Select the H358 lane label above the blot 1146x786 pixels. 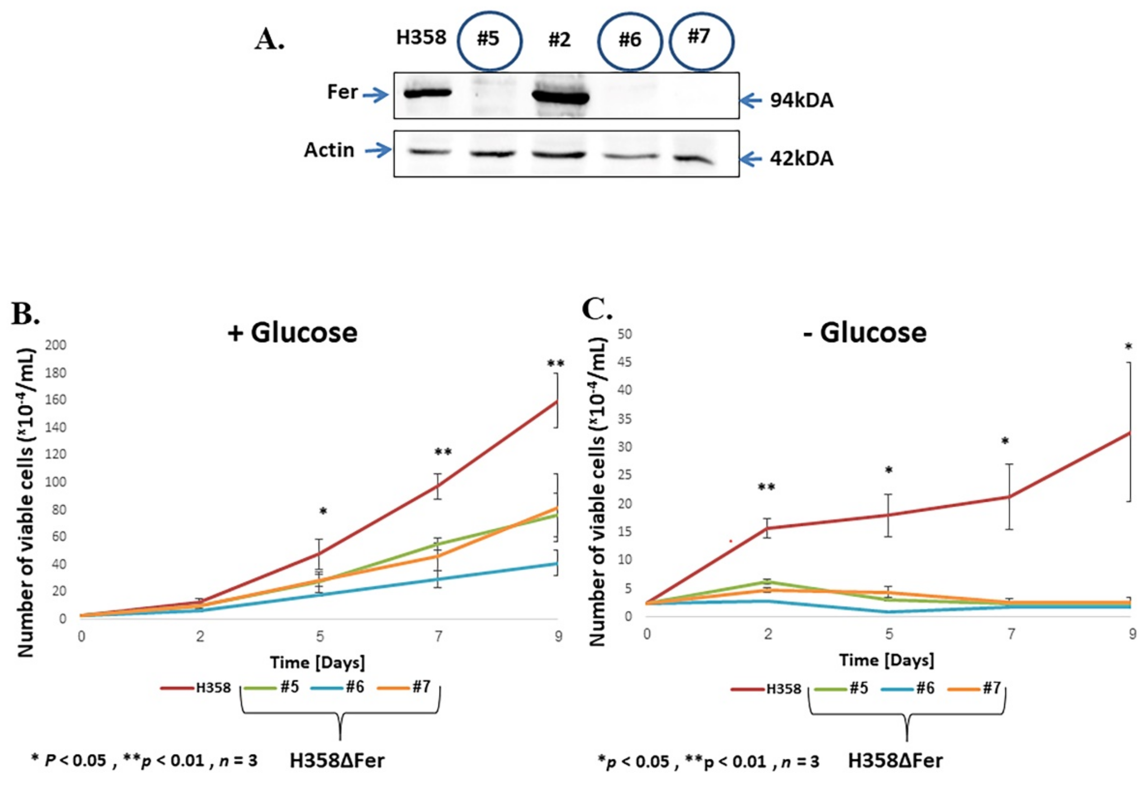click(421, 38)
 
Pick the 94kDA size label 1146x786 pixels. click(802, 101)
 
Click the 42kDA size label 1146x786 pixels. click(802, 159)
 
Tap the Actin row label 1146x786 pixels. click(329, 150)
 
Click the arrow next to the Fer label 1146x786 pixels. click(376, 95)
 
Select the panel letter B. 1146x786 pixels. click(25, 314)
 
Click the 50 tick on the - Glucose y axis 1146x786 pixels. click(624, 334)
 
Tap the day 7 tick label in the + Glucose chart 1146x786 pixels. click(439, 636)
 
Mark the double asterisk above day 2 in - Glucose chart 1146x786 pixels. click(766, 487)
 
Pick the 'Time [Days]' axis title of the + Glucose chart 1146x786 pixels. click(318, 662)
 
